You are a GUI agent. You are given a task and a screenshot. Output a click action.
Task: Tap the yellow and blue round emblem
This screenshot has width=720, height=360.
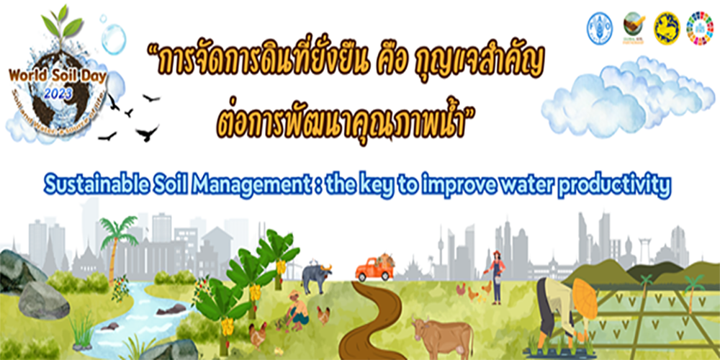(666, 27)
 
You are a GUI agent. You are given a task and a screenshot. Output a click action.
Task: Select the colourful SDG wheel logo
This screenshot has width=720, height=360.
(699, 27)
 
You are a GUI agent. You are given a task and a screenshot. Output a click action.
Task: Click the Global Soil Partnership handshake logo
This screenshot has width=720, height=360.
(633, 27)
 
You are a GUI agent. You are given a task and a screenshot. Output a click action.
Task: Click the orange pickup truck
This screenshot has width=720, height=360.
(374, 270)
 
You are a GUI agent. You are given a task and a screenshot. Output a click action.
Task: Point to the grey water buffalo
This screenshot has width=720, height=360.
(315, 277)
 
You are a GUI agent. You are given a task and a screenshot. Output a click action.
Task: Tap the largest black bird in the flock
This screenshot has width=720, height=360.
(147, 132)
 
